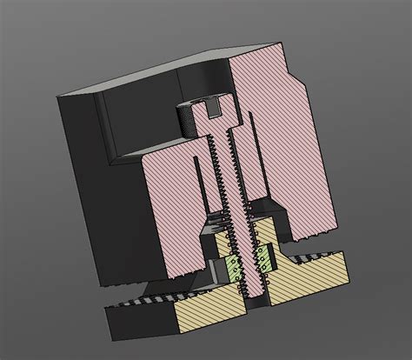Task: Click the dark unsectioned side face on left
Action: point(87,191)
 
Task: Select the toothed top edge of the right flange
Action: point(322,255)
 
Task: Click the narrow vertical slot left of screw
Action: point(201,187)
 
